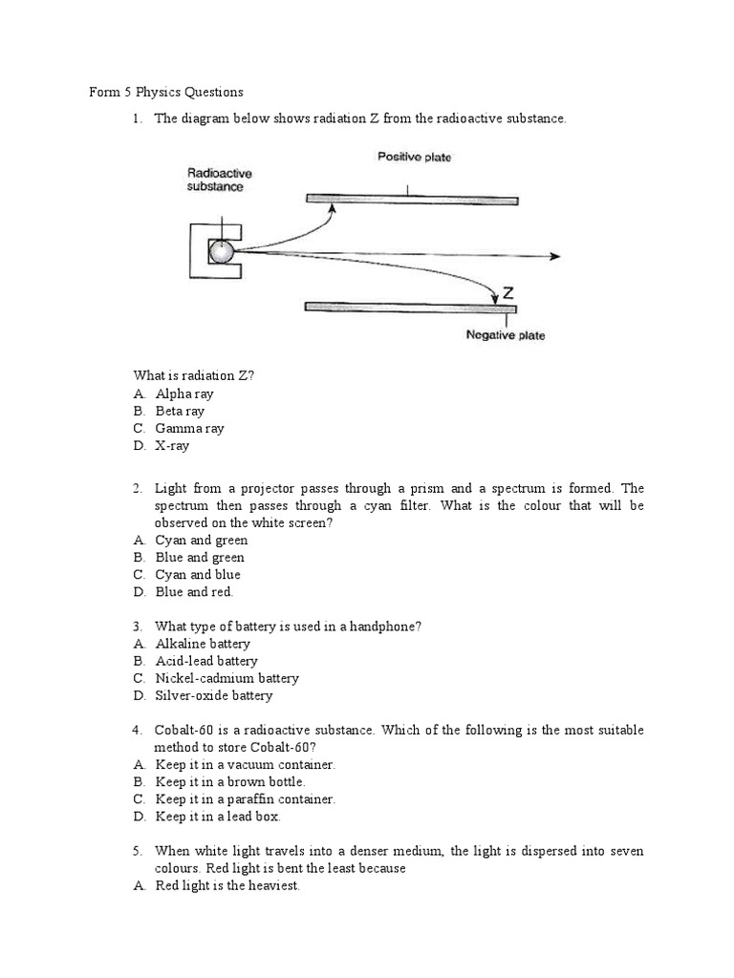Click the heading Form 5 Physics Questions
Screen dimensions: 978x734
166,93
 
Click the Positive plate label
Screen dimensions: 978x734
414,157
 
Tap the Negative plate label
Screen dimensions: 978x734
506,335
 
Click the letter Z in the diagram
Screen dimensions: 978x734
508,294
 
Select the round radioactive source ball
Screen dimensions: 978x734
222,251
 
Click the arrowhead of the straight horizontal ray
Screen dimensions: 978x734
554,256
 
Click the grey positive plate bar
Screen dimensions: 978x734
412,200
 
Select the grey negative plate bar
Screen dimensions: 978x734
410,307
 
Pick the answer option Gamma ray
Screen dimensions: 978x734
189,429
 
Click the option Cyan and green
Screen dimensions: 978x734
201,541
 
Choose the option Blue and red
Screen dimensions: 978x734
194,592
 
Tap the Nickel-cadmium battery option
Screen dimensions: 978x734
227,678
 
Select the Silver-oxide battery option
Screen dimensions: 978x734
214,695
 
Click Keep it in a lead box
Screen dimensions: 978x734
218,817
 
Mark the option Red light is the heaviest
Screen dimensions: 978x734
227,885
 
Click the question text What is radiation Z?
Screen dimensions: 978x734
194,375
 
